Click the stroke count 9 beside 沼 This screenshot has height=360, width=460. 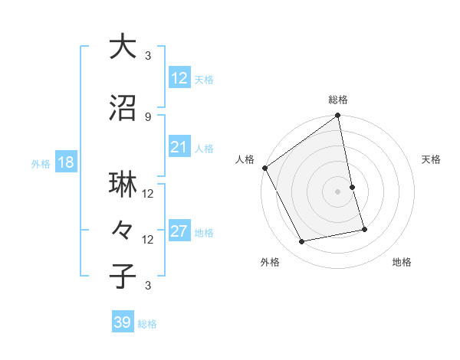(x=148, y=117)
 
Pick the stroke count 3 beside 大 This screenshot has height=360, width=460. (x=148, y=56)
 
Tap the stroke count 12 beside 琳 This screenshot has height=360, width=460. (x=149, y=194)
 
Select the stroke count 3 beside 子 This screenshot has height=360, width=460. (x=148, y=286)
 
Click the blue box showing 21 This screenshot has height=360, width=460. (x=179, y=147)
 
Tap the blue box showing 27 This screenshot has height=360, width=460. (x=179, y=232)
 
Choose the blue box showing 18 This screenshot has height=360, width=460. (x=65, y=163)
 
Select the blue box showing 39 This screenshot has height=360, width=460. (x=122, y=323)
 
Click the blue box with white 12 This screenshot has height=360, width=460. (x=179, y=78)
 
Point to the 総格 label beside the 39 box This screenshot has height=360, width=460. (x=147, y=324)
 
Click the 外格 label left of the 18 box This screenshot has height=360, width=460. (x=41, y=164)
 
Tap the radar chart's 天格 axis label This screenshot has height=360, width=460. (x=432, y=159)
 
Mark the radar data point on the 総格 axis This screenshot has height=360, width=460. (x=337, y=116)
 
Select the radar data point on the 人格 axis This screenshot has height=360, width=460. (x=265, y=168)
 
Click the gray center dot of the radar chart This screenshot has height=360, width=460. (x=337, y=191)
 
